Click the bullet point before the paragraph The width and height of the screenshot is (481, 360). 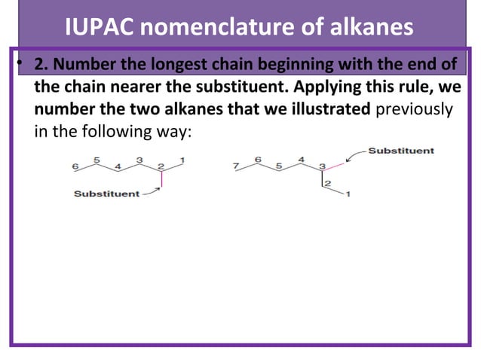22,64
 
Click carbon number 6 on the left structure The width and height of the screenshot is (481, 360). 75,166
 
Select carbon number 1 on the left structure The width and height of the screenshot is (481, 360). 182,160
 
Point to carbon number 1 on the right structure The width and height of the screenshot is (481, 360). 348,194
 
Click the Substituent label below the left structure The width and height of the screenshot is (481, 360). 106,194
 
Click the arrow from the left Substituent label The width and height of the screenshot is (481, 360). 151,191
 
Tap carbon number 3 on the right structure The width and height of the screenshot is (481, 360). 322,166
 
